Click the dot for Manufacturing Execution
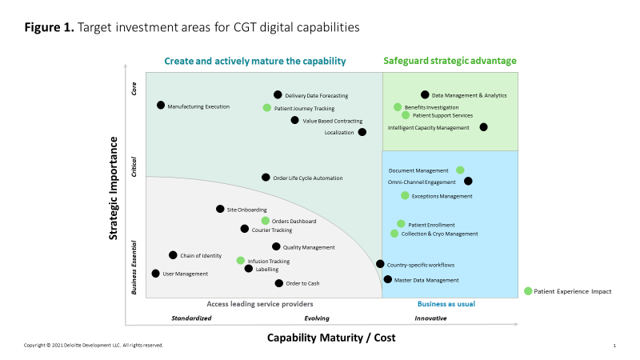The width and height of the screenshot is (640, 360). [x=161, y=105]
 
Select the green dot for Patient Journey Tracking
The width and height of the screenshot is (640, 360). [x=267, y=107]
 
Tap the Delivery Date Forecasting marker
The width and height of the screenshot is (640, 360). [x=278, y=94]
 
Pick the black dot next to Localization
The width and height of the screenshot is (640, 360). [x=362, y=132]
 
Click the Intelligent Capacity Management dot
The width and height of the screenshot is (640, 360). [x=483, y=126]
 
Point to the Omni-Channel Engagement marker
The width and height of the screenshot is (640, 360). [x=468, y=181]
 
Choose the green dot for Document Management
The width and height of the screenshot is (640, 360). [x=460, y=170]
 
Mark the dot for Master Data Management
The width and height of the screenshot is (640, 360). [x=388, y=279]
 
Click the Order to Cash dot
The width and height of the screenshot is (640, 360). [x=278, y=282]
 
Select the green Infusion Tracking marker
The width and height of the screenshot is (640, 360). [x=241, y=260]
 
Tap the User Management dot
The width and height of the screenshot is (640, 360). [x=156, y=273]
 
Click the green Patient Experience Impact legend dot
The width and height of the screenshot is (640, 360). [x=528, y=290]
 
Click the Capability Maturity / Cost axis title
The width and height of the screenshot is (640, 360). [x=331, y=338]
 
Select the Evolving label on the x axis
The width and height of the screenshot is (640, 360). [x=317, y=318]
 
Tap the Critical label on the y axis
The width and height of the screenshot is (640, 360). [x=134, y=166]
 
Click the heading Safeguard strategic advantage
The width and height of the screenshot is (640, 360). [x=450, y=61]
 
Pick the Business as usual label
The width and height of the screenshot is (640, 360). [x=446, y=304]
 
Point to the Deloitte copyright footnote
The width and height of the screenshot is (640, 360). [x=94, y=345]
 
